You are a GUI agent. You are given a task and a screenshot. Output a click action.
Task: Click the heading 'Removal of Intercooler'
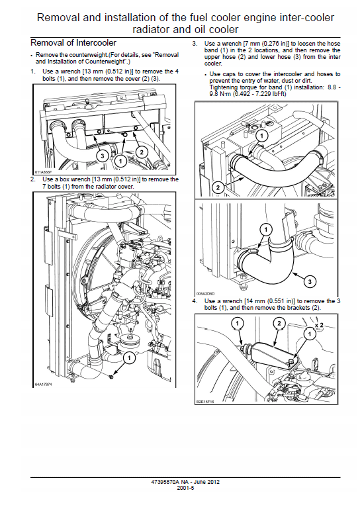tap(73, 43)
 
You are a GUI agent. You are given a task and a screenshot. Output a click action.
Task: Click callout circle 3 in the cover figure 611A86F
tap(103, 154)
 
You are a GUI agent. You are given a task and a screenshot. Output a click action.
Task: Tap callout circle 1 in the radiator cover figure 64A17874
tap(129, 357)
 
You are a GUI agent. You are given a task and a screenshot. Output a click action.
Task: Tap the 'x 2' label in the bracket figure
tap(319, 326)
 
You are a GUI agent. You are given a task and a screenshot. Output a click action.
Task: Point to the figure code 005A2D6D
tap(206, 294)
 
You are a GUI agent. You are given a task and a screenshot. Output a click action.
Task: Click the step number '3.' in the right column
tap(195, 43)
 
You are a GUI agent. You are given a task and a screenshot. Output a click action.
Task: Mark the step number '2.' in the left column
tap(32, 179)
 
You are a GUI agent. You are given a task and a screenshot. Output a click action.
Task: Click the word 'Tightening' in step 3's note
tap(224, 87)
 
